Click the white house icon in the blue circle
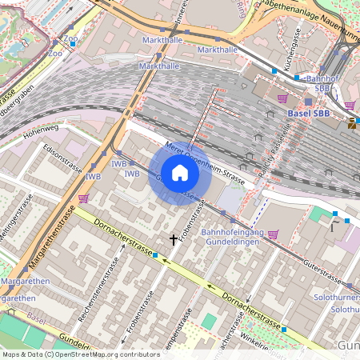(179, 173)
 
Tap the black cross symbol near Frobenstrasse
(174, 239)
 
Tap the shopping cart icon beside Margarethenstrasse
(83, 198)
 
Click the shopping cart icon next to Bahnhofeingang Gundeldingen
(274, 234)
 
